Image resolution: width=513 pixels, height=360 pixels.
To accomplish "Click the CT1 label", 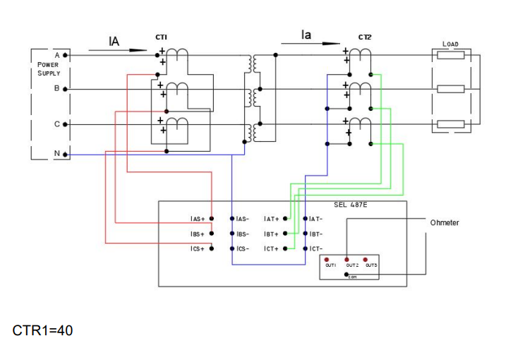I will click(161, 37).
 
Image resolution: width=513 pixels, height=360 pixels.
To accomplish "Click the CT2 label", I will click(364, 37).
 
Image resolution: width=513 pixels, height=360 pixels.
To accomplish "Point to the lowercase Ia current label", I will click(306, 35).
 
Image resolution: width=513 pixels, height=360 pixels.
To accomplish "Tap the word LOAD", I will click(450, 44).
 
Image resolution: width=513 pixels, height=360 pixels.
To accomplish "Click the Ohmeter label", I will click(445, 222).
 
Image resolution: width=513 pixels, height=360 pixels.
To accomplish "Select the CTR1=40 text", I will click(42, 330).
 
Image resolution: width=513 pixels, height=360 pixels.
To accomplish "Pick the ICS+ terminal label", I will click(198, 248).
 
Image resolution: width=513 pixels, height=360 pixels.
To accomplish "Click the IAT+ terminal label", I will click(272, 219).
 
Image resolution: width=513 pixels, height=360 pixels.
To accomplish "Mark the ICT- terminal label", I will click(315, 248).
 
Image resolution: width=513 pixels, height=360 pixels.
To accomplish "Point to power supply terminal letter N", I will click(57, 153).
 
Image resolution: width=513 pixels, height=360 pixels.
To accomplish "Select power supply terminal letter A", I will click(57, 54).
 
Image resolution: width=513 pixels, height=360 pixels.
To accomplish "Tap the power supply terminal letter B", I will click(57, 89).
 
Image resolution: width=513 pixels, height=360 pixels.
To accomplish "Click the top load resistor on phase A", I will click(450, 54).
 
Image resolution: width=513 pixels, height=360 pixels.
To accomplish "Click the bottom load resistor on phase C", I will click(450, 124).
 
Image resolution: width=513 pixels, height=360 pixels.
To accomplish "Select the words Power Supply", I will click(49, 68).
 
